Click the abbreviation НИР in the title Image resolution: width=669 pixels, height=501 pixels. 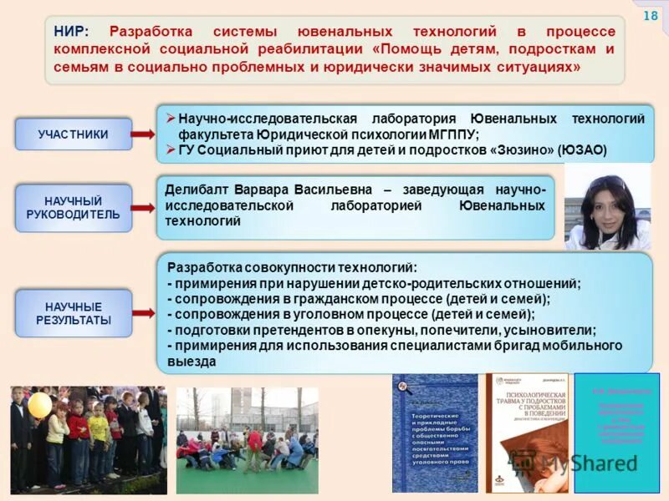click(x=69, y=32)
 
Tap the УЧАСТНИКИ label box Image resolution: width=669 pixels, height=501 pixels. click(x=74, y=134)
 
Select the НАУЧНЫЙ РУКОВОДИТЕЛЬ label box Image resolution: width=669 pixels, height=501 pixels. click(x=74, y=208)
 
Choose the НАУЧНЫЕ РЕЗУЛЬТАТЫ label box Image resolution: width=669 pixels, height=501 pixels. click(x=74, y=313)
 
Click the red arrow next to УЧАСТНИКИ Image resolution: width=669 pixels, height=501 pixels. click(x=143, y=134)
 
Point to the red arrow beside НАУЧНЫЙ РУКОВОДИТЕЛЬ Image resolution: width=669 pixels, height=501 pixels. click(x=143, y=208)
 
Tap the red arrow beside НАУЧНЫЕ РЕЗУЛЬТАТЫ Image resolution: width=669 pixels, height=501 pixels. click(x=143, y=313)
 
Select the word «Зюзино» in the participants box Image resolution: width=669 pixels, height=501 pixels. click(x=518, y=150)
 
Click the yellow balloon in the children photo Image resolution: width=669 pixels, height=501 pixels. click(x=40, y=405)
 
